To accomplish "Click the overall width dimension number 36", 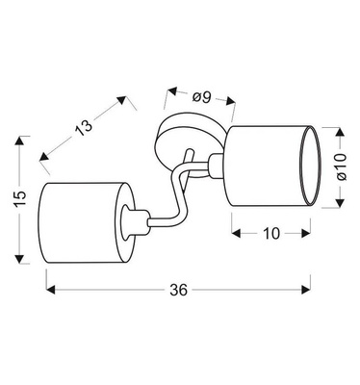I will pyautogui.click(x=180, y=289).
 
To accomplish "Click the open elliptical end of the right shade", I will pyautogui.click(x=309, y=165).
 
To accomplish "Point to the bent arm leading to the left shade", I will pyautogui.click(x=171, y=197).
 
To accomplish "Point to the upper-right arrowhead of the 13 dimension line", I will pyautogui.click(x=125, y=96).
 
